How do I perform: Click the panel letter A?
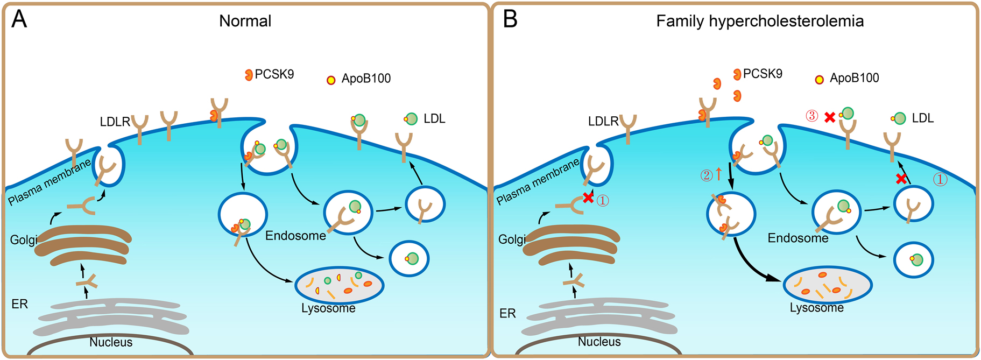[19, 19]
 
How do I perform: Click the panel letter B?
[510, 19]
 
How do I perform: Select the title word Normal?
[245, 21]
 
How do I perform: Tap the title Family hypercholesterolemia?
[759, 21]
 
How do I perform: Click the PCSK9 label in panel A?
[274, 74]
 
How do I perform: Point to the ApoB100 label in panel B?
[854, 78]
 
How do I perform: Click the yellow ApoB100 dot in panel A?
[331, 80]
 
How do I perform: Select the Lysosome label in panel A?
[328, 308]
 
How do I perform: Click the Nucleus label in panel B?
[599, 342]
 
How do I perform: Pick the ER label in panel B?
[507, 313]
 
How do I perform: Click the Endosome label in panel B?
[797, 238]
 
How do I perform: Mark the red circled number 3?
[811, 116]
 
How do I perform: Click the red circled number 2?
[706, 175]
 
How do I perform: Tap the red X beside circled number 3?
[830, 117]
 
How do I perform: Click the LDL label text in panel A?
[434, 118]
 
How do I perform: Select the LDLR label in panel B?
[603, 122]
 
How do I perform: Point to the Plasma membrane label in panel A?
[50, 182]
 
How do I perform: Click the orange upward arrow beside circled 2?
[718, 174]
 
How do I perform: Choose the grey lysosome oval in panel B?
[827, 285]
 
